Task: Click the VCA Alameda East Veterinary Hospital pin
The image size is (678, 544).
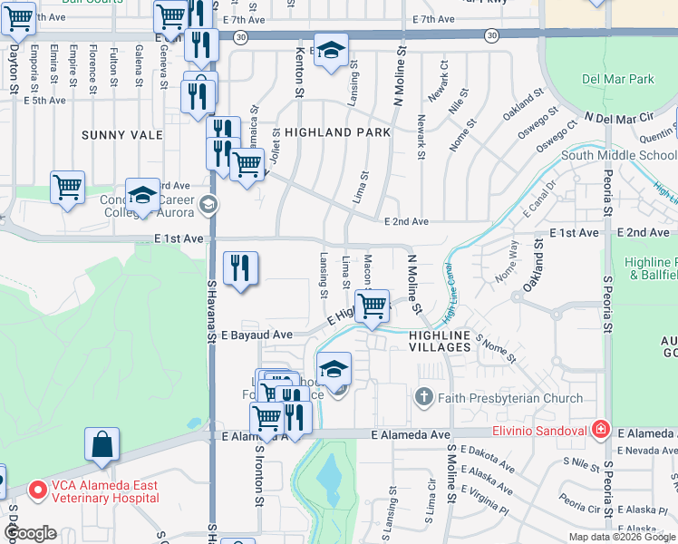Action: [38, 491]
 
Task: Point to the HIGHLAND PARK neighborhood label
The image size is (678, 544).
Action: [337, 132]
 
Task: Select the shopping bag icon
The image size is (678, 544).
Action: [102, 445]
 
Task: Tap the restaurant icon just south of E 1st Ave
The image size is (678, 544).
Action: [240, 267]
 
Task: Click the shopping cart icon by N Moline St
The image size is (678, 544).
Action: [372, 306]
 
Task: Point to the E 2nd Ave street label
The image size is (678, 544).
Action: [405, 221]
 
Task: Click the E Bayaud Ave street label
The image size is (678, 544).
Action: [256, 335]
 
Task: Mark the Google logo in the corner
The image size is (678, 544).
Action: [31, 533]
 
